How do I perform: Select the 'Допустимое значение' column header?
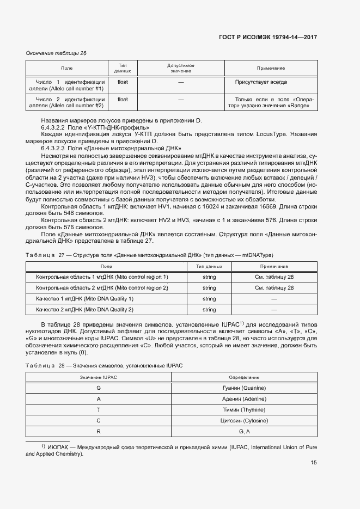pyautogui.click(x=180, y=68)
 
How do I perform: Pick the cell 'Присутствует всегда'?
pyautogui.click(x=261, y=82)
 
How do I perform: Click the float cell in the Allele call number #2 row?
pyautogui.click(x=123, y=100)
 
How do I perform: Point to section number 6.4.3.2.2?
pyautogui.click(x=53, y=127)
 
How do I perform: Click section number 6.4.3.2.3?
pyautogui.click(x=53, y=148)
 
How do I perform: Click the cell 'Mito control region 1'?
pyautogui.click(x=102, y=277)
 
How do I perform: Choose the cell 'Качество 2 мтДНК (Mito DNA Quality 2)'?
pyautogui.click(x=84, y=309)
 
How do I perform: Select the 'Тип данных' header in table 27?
pyautogui.click(x=209, y=266)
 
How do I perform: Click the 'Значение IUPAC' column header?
pyautogui.click(x=99, y=377)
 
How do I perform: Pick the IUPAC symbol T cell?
pyautogui.click(x=99, y=409)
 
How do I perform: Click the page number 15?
pyautogui.click(x=314, y=463)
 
